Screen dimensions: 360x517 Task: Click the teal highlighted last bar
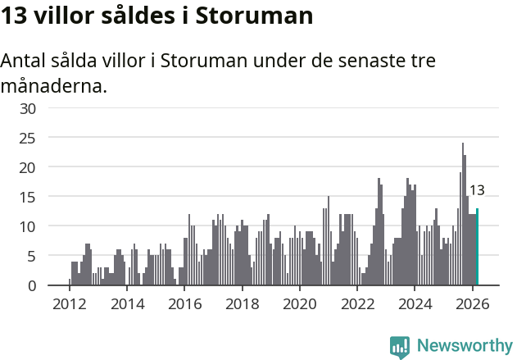tap(477, 247)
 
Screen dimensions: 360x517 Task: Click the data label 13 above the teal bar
tap(477, 190)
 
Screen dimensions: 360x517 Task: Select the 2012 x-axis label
tap(69, 303)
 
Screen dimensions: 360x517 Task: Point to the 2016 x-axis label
tap(184, 303)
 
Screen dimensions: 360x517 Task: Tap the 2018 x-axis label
tap(242, 303)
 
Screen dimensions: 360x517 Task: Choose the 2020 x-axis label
tap(299, 303)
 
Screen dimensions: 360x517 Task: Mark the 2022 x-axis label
tap(357, 303)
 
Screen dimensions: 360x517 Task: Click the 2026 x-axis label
tap(472, 303)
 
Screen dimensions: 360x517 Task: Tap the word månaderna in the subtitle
tap(54, 85)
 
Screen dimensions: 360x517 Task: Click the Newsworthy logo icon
tap(400, 347)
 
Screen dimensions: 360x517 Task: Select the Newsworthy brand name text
tap(465, 346)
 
